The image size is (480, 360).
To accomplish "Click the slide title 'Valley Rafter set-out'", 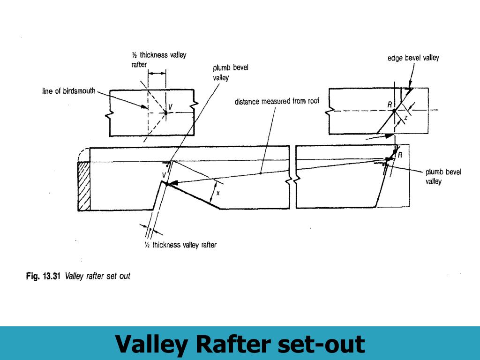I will pos(240,344).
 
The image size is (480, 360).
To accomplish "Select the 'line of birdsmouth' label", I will pos(68,91).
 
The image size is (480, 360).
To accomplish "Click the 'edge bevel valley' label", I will pos(413,58).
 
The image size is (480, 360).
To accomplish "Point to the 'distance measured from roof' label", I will pos(277,102).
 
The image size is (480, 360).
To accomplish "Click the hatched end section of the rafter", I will pos(83,186).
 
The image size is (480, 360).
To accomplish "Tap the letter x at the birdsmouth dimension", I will pos(218,193).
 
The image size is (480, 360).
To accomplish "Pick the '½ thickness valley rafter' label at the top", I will pos(158,60).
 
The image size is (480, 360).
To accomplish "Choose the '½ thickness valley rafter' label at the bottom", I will pos(181,245).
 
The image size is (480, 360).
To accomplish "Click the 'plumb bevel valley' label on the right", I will pos(443,176).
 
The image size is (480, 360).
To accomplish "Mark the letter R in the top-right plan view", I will pos(390,105).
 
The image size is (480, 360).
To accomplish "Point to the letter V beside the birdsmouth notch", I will pos(164,175).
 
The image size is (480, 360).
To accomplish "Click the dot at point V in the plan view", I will pos(165,112).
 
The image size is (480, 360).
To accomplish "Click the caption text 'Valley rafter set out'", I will pos(97,276).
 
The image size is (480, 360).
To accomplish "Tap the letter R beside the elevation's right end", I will pos(400,155).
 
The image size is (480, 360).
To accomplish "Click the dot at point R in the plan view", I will pos(394,111).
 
